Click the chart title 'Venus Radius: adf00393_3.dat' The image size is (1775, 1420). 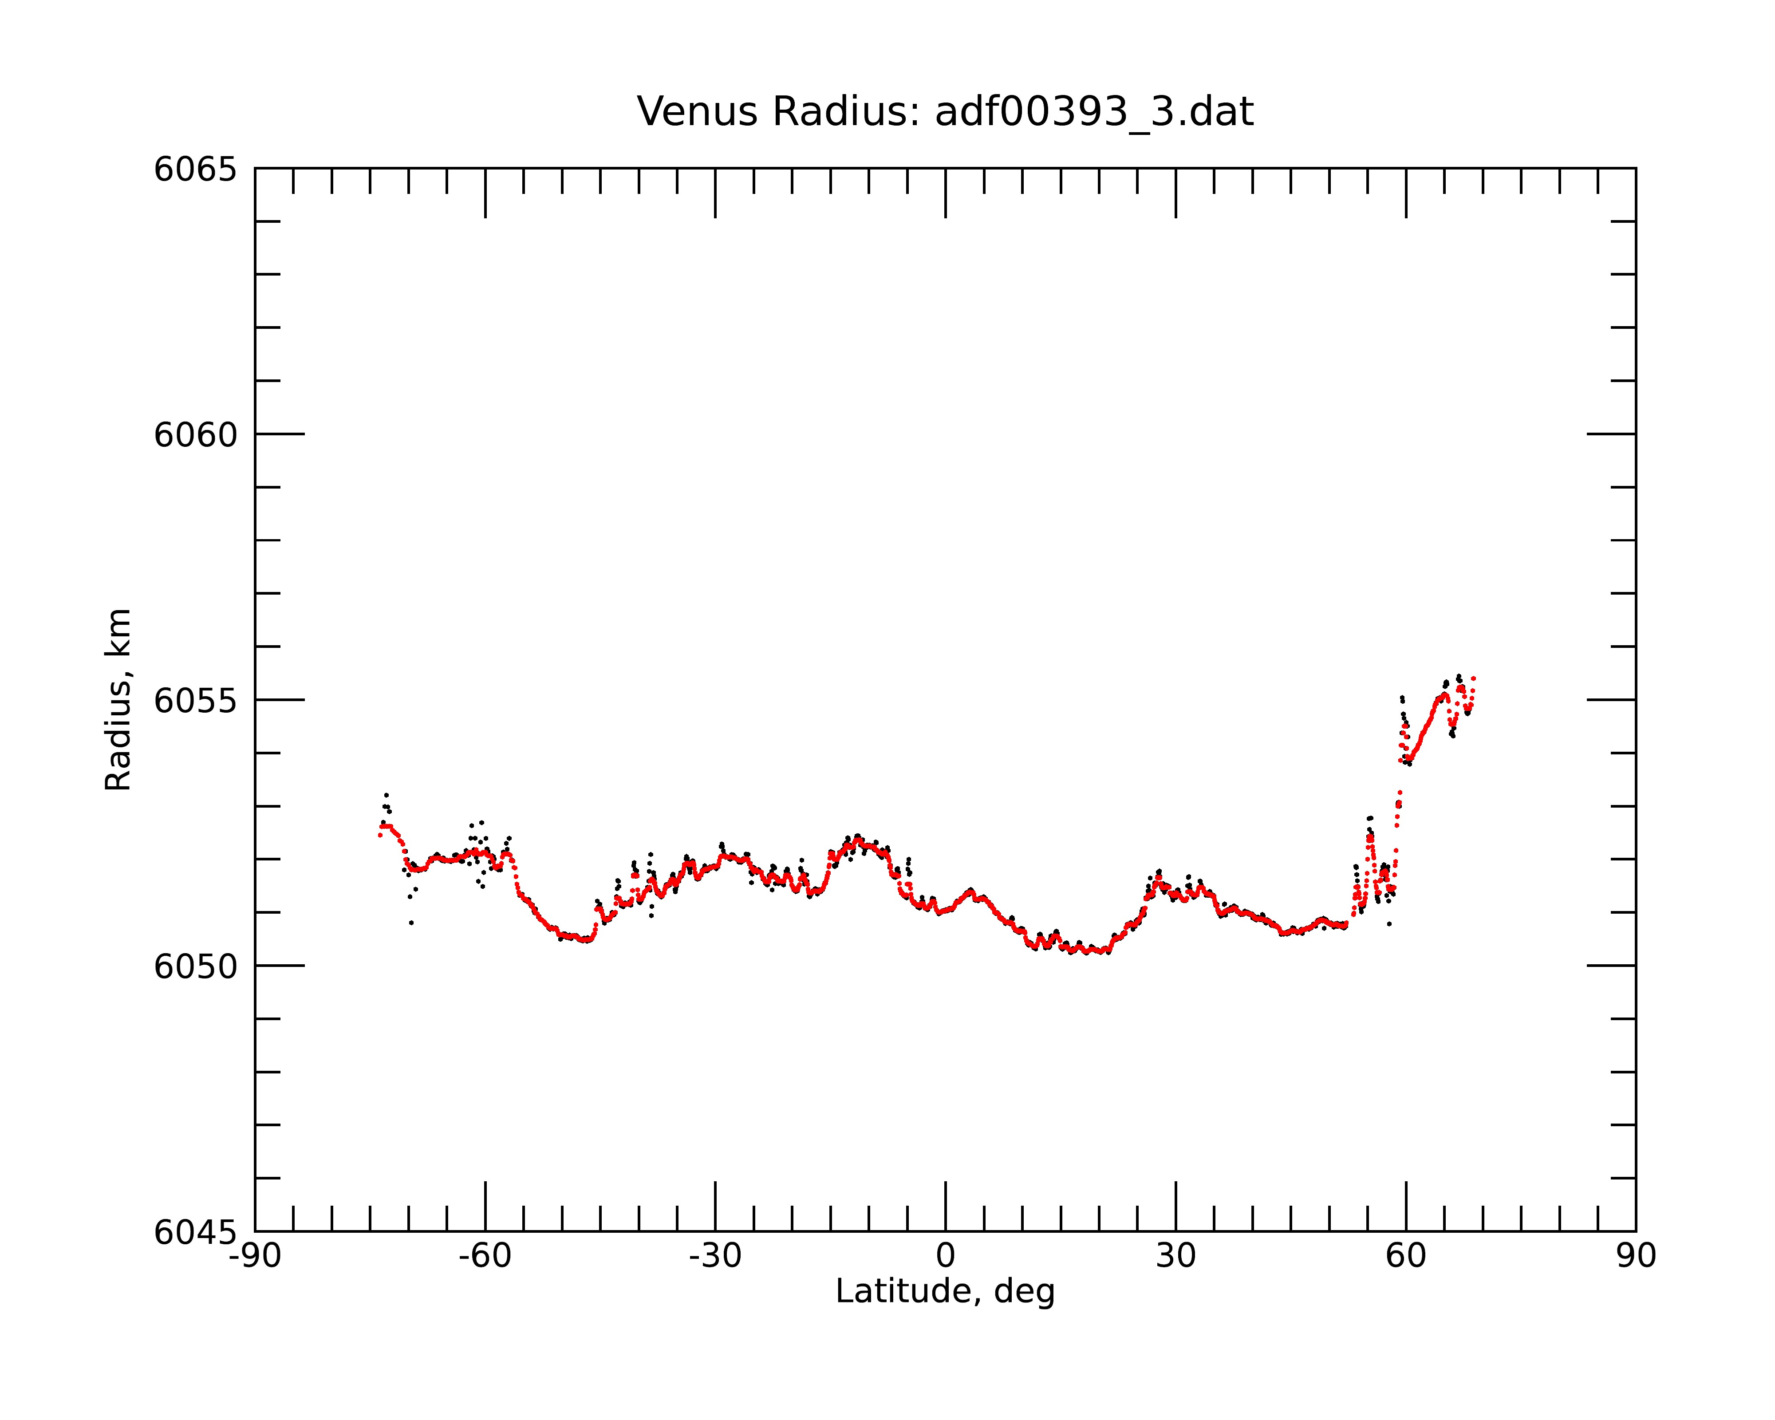945,112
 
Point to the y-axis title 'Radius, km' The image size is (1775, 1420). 118,700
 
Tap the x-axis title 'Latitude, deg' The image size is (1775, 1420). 945,1292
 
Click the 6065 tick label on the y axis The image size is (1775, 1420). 195,170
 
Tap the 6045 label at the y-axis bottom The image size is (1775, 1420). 195,1232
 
